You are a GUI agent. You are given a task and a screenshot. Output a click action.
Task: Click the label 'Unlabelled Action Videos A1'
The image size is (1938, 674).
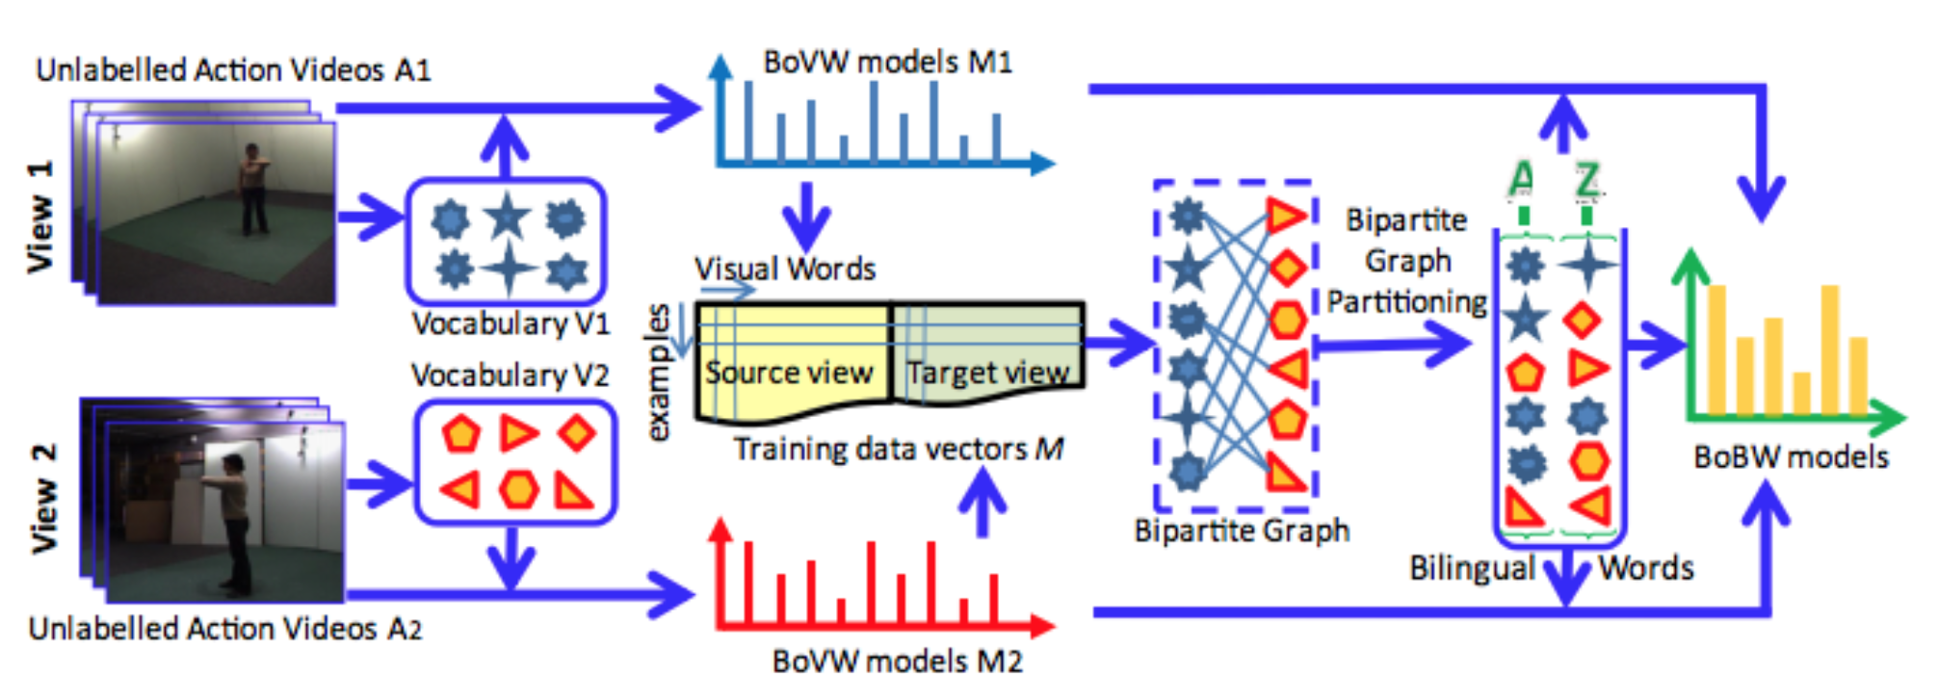pos(233,70)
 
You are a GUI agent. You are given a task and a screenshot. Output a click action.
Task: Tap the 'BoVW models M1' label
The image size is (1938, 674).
pos(887,63)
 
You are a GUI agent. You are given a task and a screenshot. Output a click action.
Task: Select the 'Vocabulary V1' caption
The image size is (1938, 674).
pos(511,324)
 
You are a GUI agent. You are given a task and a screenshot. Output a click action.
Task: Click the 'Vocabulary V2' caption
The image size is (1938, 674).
pos(510,375)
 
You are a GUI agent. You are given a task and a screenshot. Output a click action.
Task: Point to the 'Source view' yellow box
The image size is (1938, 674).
pos(790,371)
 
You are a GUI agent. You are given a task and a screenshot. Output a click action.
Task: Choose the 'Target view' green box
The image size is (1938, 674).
pos(988,371)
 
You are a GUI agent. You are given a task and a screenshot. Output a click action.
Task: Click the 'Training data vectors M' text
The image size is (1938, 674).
pos(898,449)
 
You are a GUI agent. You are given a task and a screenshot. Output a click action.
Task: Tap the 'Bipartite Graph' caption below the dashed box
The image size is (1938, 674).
pos(1242,531)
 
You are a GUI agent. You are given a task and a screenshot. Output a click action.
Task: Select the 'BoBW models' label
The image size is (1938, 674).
pos(1791,456)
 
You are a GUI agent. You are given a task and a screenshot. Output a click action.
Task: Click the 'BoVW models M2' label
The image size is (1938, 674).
pos(897,660)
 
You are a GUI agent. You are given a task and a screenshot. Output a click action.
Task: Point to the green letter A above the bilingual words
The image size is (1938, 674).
pos(1521,179)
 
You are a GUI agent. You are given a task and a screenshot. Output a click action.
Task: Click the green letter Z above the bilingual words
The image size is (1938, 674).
pos(1586,179)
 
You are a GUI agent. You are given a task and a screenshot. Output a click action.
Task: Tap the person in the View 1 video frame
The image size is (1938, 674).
pos(253,189)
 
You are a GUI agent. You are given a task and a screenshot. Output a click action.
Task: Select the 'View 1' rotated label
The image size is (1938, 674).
pos(40,218)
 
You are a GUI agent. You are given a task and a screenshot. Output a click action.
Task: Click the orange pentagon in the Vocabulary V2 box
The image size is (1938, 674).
pos(460,433)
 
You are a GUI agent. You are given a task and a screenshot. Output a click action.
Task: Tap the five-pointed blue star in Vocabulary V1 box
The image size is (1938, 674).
pos(508,217)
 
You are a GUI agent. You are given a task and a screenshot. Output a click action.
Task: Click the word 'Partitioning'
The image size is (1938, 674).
pos(1407,302)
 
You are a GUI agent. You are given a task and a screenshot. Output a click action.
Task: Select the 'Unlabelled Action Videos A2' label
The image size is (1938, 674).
pos(225,629)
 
